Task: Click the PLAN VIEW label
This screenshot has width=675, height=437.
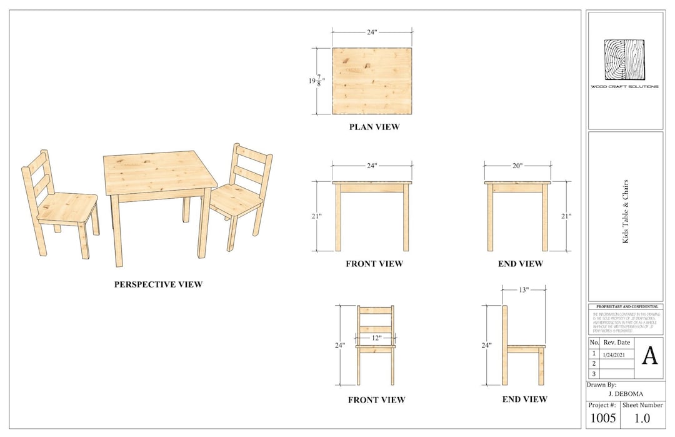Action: pyautogui.click(x=374, y=127)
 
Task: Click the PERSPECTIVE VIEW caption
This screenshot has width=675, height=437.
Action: pyautogui.click(x=158, y=284)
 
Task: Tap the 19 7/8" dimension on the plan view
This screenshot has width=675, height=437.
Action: pyautogui.click(x=316, y=81)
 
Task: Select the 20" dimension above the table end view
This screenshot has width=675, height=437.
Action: pyautogui.click(x=517, y=166)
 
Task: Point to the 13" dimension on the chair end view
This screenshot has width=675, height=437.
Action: pyautogui.click(x=524, y=289)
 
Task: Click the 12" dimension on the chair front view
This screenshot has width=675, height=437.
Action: pyautogui.click(x=376, y=338)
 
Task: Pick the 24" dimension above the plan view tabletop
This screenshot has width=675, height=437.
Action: pyautogui.click(x=372, y=32)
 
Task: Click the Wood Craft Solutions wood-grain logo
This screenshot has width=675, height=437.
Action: pyautogui.click(x=624, y=59)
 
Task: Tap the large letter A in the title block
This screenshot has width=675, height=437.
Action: pyautogui.click(x=650, y=356)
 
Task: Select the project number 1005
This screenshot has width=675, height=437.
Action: pyautogui.click(x=602, y=418)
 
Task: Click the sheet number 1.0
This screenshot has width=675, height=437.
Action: pyautogui.click(x=642, y=418)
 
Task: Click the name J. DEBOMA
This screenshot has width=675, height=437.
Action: pyautogui.click(x=625, y=394)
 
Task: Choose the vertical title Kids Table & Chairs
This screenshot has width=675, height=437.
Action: pyautogui.click(x=626, y=211)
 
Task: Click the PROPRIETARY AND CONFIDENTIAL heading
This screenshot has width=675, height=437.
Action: pyautogui.click(x=626, y=307)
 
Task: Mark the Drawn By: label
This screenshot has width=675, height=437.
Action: pyautogui.click(x=601, y=385)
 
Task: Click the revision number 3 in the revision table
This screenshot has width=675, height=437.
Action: pyautogui.click(x=594, y=374)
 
